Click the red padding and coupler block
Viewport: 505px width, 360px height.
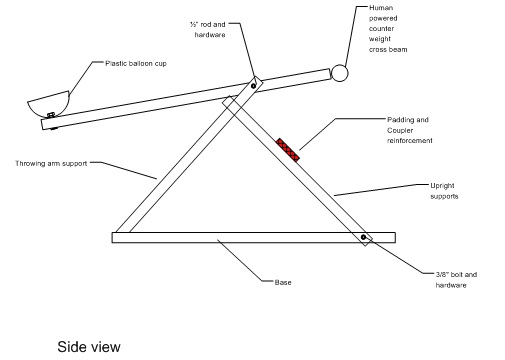coord(290,149)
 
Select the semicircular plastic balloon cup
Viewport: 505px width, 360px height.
coord(46,101)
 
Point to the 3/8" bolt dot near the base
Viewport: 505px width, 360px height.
coord(364,239)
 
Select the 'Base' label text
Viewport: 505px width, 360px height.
coord(283,281)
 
